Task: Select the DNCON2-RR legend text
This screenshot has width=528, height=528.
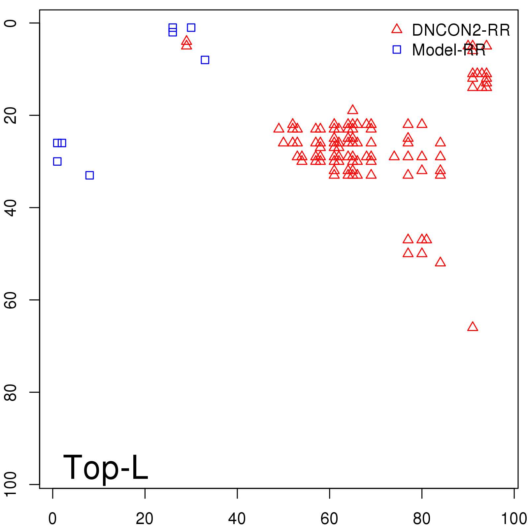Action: (461, 30)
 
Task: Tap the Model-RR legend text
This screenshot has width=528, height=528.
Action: (448, 50)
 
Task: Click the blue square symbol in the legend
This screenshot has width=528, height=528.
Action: (397, 49)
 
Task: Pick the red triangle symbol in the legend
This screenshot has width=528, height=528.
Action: (397, 29)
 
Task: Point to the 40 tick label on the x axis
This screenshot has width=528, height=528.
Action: (237, 519)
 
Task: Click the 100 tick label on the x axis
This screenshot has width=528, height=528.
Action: (514, 519)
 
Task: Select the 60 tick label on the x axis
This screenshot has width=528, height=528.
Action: (329, 519)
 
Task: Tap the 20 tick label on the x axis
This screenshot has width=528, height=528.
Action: (145, 519)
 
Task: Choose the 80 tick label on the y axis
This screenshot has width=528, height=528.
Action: (11, 392)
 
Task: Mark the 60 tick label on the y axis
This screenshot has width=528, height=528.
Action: (11, 300)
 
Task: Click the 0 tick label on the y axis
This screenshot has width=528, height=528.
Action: (11, 23)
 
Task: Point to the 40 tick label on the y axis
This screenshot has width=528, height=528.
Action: (11, 208)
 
